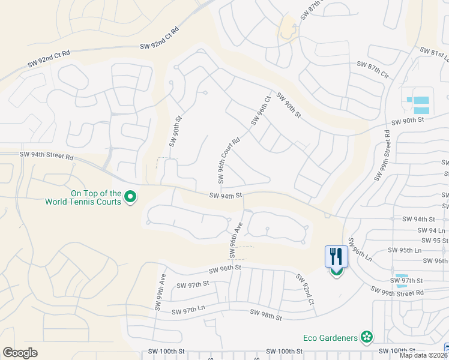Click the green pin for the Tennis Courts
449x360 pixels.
coord(130,196)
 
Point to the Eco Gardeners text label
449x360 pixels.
coord(328,338)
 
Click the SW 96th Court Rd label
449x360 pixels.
coord(229,159)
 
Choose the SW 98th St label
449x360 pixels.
coord(266,314)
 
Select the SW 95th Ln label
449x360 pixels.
coord(405,250)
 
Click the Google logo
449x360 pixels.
coord(20,353)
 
